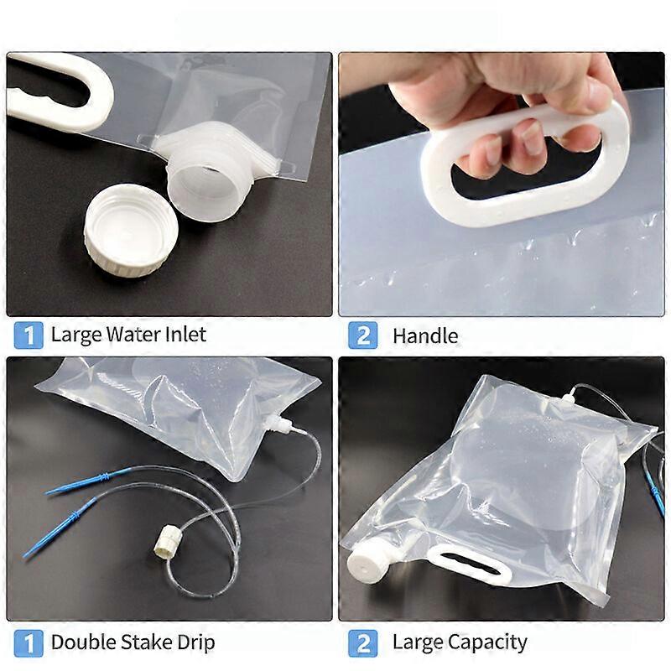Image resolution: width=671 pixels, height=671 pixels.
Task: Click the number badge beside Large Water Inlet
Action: [x=29, y=335]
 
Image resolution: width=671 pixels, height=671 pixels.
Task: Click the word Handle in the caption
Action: [x=425, y=336]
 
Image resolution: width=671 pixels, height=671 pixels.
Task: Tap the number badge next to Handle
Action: [x=363, y=335]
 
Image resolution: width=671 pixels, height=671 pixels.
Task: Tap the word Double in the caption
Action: [x=81, y=643]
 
